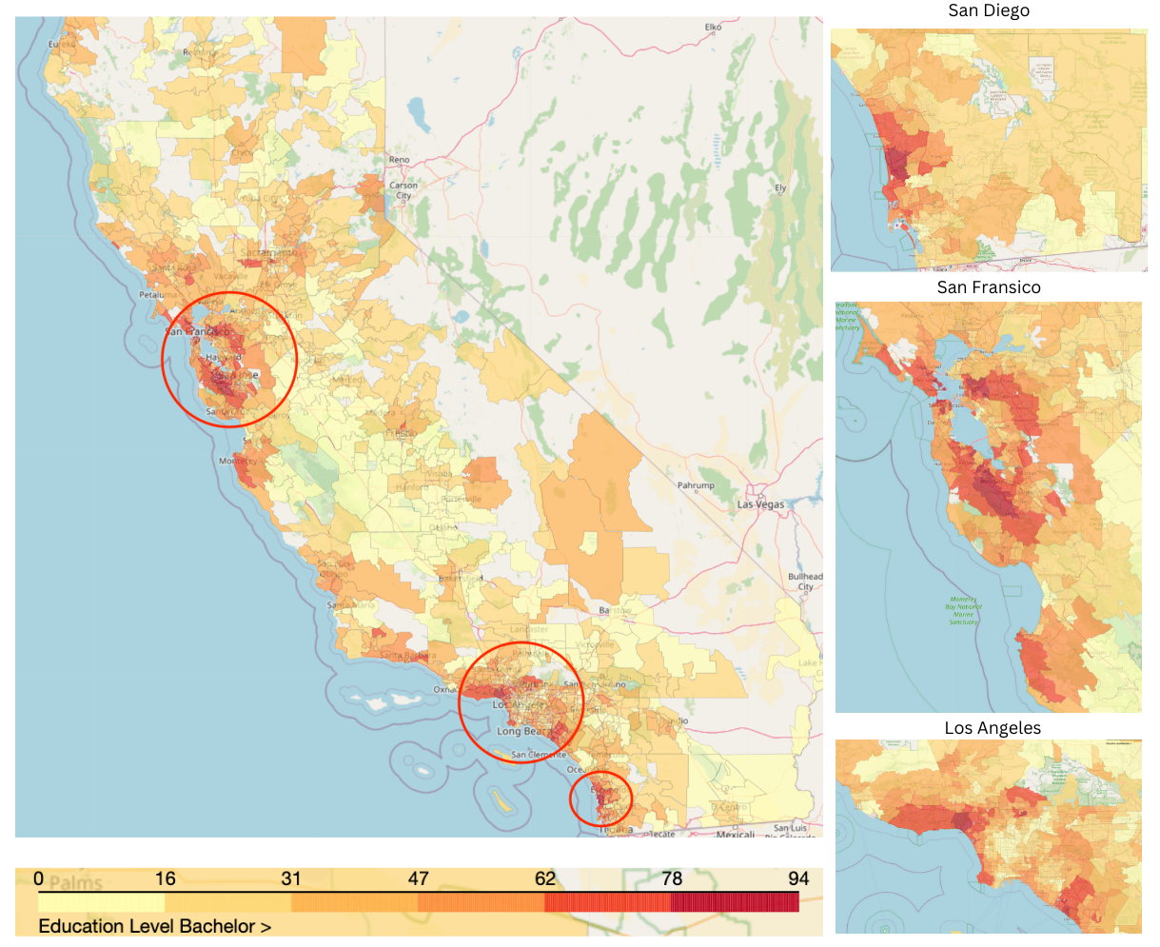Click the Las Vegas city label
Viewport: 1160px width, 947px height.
tap(760, 504)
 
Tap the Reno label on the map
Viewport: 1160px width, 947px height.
tap(399, 160)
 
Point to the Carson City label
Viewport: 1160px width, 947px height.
tap(403, 190)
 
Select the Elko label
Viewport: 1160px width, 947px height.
tap(713, 28)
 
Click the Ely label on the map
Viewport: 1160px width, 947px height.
tap(780, 188)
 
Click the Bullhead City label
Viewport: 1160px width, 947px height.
tap(805, 582)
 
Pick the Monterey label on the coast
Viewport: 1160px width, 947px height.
tap(237, 462)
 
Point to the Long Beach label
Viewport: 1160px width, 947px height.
tap(522, 732)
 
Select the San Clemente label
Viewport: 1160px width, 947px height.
tap(538, 756)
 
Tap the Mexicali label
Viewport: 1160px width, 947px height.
tap(735, 835)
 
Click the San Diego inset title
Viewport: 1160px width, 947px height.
tap(989, 11)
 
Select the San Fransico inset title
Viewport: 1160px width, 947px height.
tap(989, 287)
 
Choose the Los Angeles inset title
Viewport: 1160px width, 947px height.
tap(993, 728)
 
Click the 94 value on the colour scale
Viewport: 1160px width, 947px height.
tap(797, 878)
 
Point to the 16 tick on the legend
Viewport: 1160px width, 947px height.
tap(166, 878)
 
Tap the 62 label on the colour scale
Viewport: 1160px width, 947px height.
tap(545, 878)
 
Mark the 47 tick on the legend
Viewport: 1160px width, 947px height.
tap(419, 878)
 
